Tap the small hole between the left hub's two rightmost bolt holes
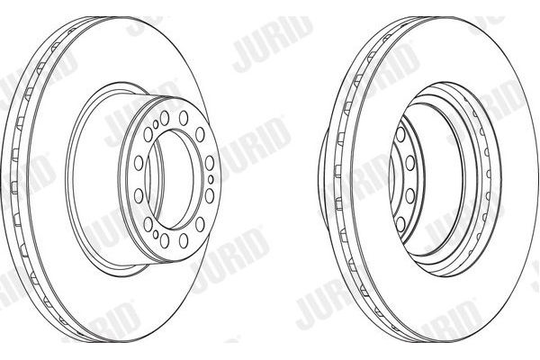[x=211, y=179]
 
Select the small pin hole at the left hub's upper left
[x=156, y=125]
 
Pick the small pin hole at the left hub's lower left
[x=156, y=235]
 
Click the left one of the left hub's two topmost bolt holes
[x=165, y=118]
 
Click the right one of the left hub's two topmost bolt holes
[x=184, y=118]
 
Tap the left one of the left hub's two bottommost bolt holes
[x=165, y=240]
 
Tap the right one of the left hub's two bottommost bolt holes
[x=184, y=240]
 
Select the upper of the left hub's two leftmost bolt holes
[x=139, y=163]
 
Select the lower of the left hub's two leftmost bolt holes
[x=139, y=195]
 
